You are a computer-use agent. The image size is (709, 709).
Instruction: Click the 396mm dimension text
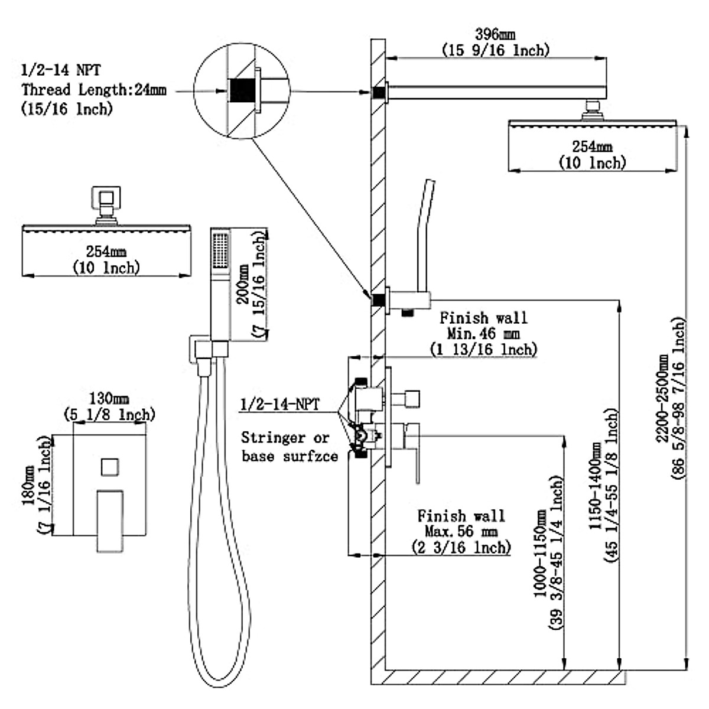pos(495,35)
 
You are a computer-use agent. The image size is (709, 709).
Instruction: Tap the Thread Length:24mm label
pos(94,90)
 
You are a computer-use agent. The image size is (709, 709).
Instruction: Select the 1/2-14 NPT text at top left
pos(61,70)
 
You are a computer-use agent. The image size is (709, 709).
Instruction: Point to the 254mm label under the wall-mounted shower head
pos(592,147)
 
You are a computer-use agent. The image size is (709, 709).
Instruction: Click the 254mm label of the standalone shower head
pos(106,252)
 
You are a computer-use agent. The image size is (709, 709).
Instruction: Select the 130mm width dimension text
pos(109,398)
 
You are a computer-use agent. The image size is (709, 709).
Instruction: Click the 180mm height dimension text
pos(29,485)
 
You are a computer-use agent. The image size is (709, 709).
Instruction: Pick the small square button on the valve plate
pos(110,467)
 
